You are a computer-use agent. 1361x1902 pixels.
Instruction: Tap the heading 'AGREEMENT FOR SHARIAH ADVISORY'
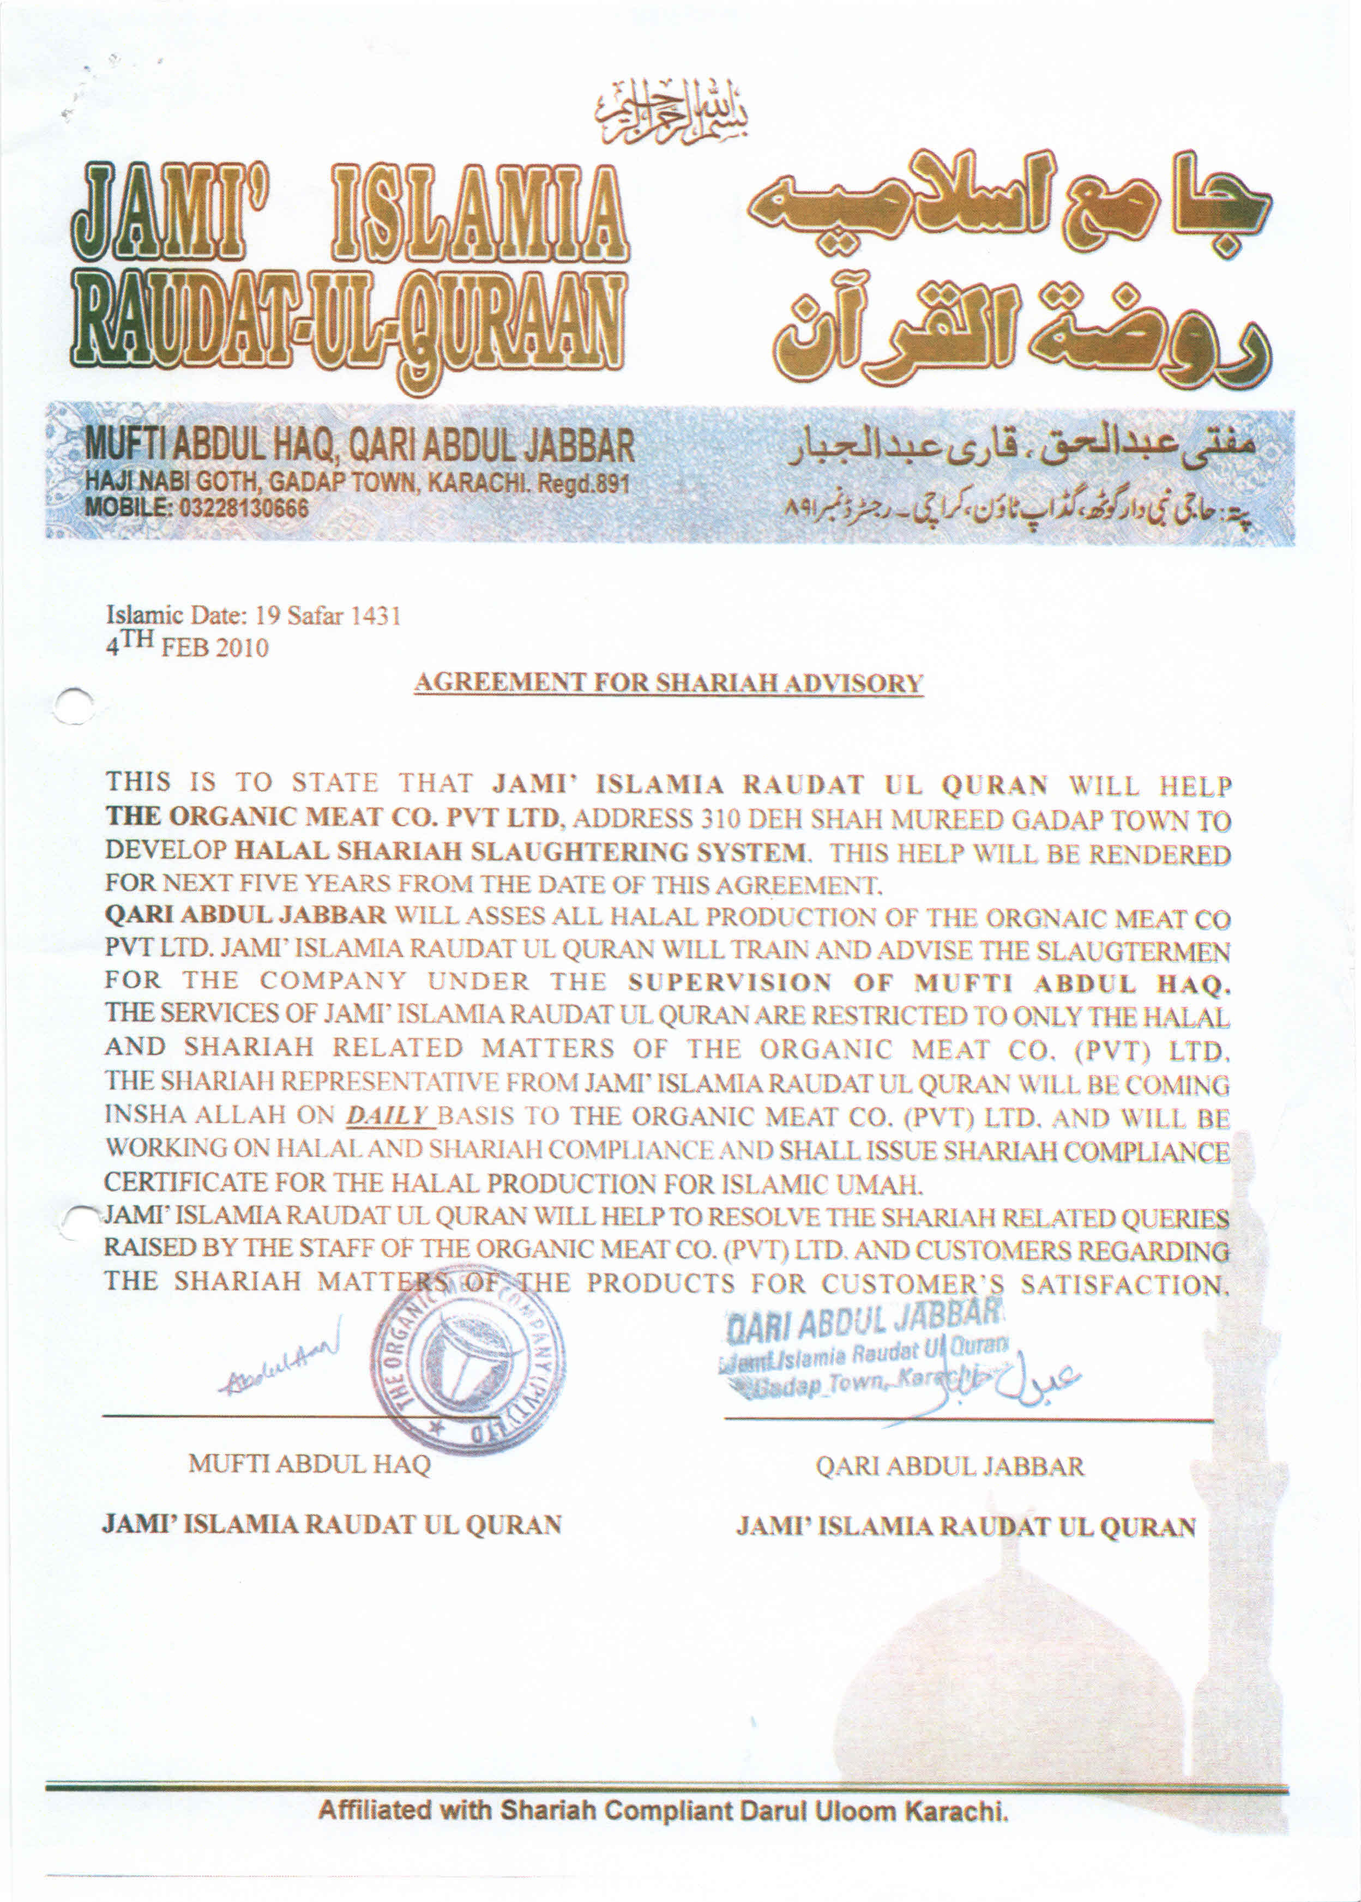(x=668, y=683)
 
